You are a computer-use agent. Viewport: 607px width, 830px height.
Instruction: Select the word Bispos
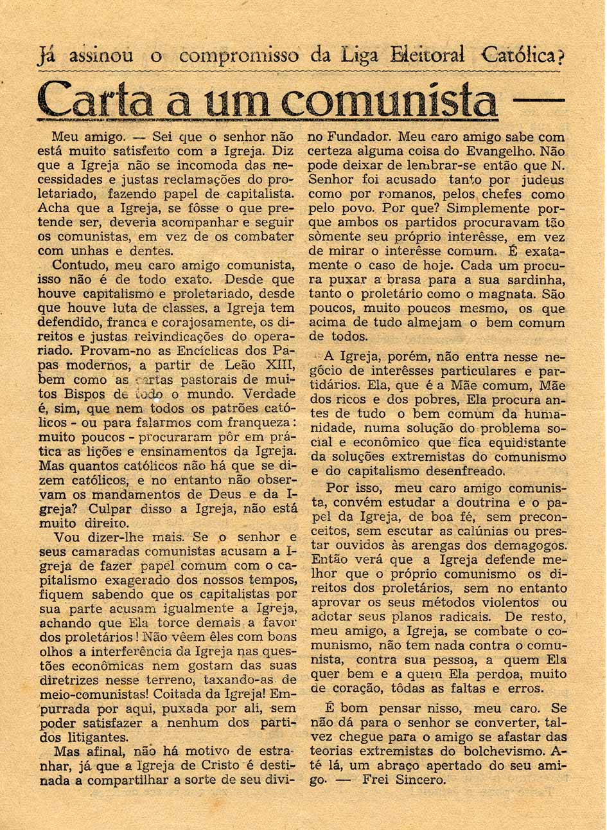87,393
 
